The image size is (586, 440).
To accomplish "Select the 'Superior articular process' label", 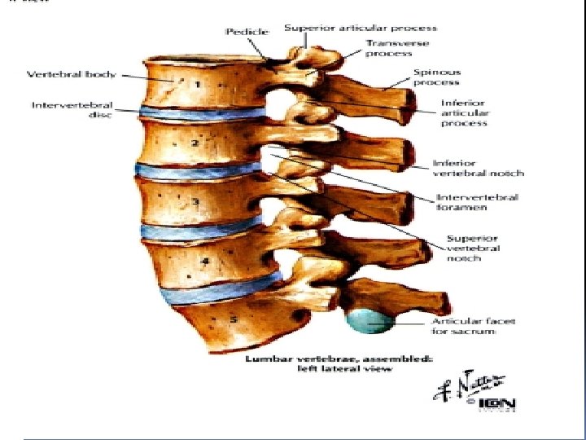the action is pos(361,28).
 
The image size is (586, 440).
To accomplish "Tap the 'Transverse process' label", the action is pos(397,48).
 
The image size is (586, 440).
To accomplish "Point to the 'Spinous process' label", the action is pos(436,77).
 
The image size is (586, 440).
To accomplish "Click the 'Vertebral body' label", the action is pos(72,74).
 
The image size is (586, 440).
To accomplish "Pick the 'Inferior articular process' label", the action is pos(464,113).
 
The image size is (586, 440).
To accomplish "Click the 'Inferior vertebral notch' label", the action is pos(477,168).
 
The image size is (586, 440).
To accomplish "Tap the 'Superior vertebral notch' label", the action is pos(473,248).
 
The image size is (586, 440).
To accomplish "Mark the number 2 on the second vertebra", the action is pos(195,143).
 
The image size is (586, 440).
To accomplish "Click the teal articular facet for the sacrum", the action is pos(370,319).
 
